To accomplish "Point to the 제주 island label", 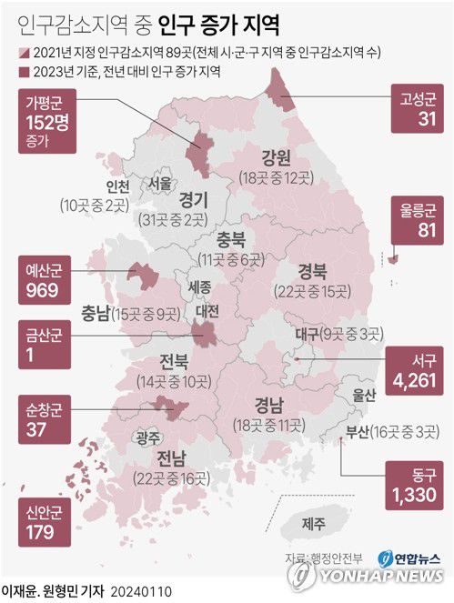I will click(x=313, y=523).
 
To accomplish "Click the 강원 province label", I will click(x=275, y=155).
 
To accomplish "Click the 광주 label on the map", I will click(x=146, y=437).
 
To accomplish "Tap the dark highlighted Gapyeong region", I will click(x=199, y=147).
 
